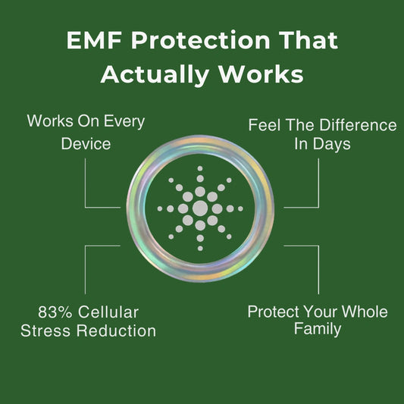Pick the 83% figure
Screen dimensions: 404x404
point(54,312)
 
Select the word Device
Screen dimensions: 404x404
point(86,142)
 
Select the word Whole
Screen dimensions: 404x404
point(364,312)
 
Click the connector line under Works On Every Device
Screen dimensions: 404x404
point(86,182)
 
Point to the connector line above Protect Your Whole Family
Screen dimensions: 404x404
point(318,269)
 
